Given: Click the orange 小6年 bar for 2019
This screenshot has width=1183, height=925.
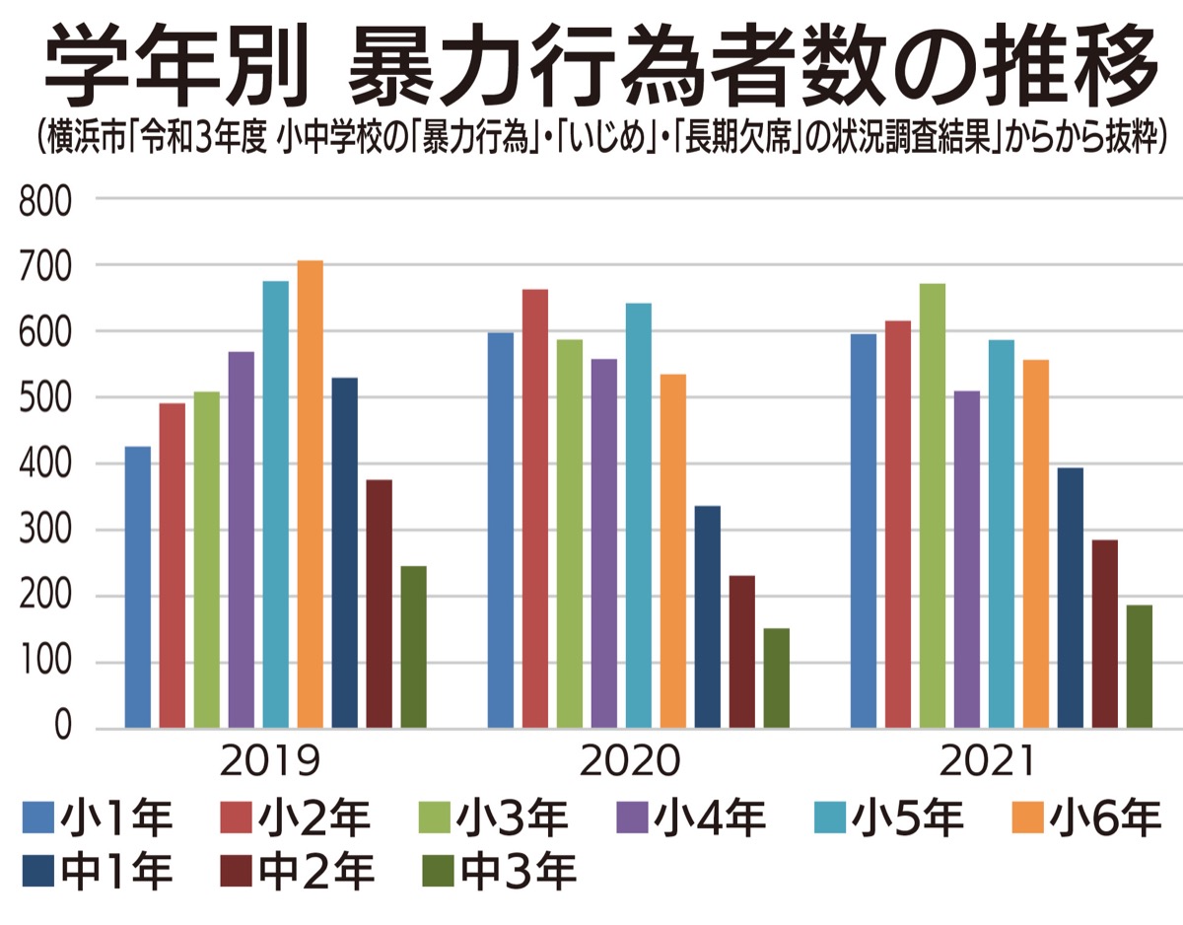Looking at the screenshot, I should [311, 494].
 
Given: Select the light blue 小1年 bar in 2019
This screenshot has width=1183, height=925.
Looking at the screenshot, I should [138, 588].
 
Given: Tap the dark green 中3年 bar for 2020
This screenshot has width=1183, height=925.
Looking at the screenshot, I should [776, 678].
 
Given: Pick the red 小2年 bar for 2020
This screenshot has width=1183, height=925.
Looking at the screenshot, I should [535, 509].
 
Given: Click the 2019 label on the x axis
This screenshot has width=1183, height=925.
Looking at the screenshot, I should [270, 762].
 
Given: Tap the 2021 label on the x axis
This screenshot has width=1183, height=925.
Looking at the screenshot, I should [990, 762].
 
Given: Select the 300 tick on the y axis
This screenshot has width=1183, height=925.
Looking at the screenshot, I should [45, 531].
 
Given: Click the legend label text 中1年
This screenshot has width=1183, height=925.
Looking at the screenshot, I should [116, 870].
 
